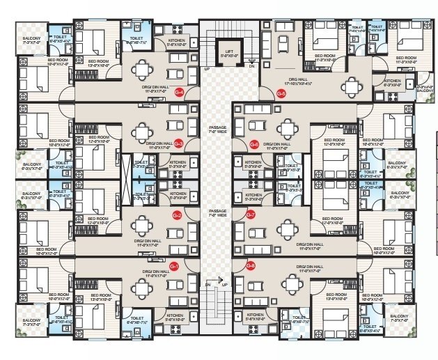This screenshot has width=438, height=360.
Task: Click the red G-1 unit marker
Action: [x=174, y=267]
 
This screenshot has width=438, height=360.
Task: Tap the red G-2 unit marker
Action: [x=177, y=215]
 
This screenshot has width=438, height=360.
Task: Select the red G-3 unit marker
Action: [x=178, y=144]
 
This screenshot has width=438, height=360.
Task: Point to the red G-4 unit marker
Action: [x=179, y=92]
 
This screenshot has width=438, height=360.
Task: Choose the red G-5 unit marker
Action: [x=281, y=93]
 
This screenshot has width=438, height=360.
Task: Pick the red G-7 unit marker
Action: [x=251, y=215]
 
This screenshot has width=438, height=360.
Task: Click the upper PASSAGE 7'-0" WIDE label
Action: [x=217, y=130]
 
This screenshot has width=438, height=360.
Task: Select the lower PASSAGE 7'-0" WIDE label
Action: [x=217, y=213]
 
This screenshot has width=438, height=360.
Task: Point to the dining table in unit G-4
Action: [x=143, y=69]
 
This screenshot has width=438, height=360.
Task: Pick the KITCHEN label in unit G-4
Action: [x=177, y=42]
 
